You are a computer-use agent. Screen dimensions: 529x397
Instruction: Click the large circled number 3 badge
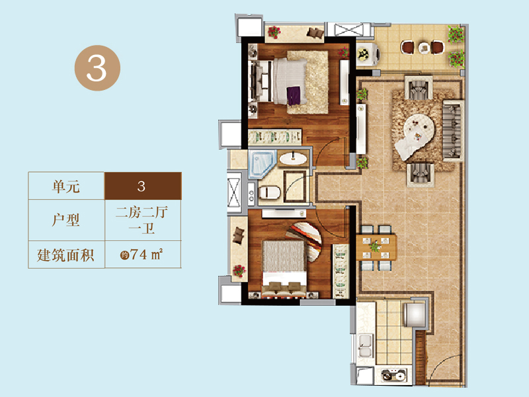click(x=97, y=68)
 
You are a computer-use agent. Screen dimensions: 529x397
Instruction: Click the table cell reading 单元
click(x=66, y=186)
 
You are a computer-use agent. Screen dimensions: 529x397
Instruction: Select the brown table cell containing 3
click(x=143, y=186)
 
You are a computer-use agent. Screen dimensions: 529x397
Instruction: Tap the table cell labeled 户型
click(x=66, y=220)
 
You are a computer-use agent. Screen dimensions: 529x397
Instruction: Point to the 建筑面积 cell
click(x=66, y=255)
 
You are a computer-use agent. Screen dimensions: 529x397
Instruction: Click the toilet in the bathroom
click(x=270, y=193)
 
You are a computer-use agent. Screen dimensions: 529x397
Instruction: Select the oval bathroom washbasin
click(x=293, y=159)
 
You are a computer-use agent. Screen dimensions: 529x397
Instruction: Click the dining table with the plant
click(x=376, y=247)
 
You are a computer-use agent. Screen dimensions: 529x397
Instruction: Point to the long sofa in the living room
click(x=453, y=130)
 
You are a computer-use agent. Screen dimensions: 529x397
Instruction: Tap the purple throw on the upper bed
click(x=294, y=95)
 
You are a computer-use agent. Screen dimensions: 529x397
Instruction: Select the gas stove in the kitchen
click(x=393, y=375)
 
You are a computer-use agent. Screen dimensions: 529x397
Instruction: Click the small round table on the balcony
click(x=425, y=48)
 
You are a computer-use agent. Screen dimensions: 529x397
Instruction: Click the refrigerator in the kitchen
click(x=414, y=314)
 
